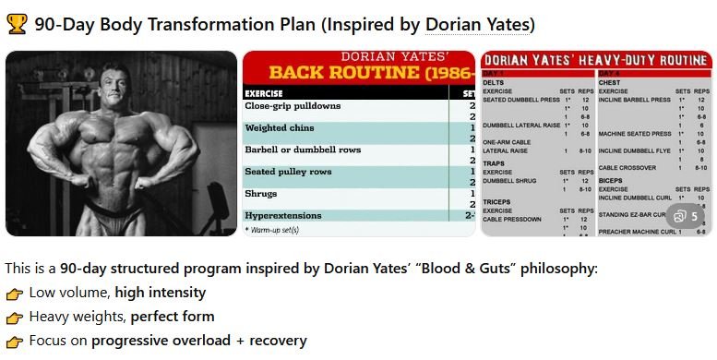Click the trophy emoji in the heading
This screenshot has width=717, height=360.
click(17, 24)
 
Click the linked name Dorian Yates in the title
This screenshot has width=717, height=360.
click(479, 25)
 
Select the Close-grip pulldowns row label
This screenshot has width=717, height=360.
click(293, 106)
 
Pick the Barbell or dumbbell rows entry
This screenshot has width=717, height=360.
click(303, 150)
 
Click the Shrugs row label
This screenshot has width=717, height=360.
click(261, 194)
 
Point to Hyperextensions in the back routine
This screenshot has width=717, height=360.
click(283, 216)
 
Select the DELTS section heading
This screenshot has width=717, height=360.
click(494, 81)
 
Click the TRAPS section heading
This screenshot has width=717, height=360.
click(495, 163)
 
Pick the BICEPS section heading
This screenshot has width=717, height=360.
click(612, 180)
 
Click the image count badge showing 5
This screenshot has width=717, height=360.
click(686, 217)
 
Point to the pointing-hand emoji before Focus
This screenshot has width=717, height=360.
click(14, 342)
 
